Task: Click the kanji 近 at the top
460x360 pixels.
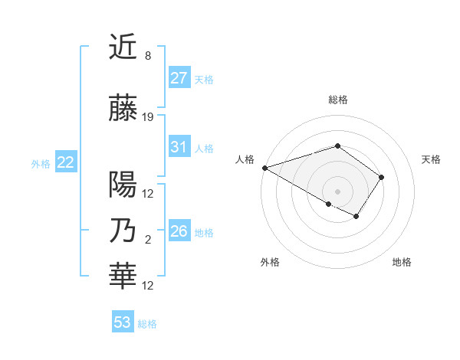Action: pos(123,47)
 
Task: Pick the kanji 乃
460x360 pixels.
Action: pos(123,231)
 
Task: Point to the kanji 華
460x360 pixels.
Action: pos(123,277)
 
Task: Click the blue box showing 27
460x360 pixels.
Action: pos(179,78)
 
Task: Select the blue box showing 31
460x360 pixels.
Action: pos(179,147)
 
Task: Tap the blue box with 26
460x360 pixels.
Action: pos(179,231)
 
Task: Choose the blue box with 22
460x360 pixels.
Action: pos(66,162)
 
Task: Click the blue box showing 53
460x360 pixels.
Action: pos(123,322)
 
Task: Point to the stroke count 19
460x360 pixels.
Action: pos(148,117)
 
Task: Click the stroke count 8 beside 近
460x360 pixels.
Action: pos(147,56)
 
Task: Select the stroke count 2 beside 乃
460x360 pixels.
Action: pos(147,240)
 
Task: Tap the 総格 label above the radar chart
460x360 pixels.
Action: pos(337,100)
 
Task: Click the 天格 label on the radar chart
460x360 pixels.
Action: pos(432,159)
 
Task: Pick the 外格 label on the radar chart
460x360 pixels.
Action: pos(270,262)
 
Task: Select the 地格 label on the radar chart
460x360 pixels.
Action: pos(402,262)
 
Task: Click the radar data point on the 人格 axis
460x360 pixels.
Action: pos(264,168)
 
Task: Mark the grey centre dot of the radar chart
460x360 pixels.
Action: pos(337,191)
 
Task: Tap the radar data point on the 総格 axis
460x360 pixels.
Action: pos(337,146)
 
